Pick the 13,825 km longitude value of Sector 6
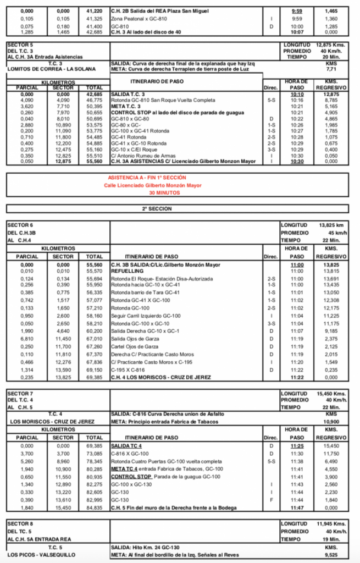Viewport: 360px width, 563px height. [x=330, y=225]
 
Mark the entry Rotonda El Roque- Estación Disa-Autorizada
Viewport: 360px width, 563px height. [x=162, y=279]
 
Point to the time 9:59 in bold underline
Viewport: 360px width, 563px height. [x=297, y=11]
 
